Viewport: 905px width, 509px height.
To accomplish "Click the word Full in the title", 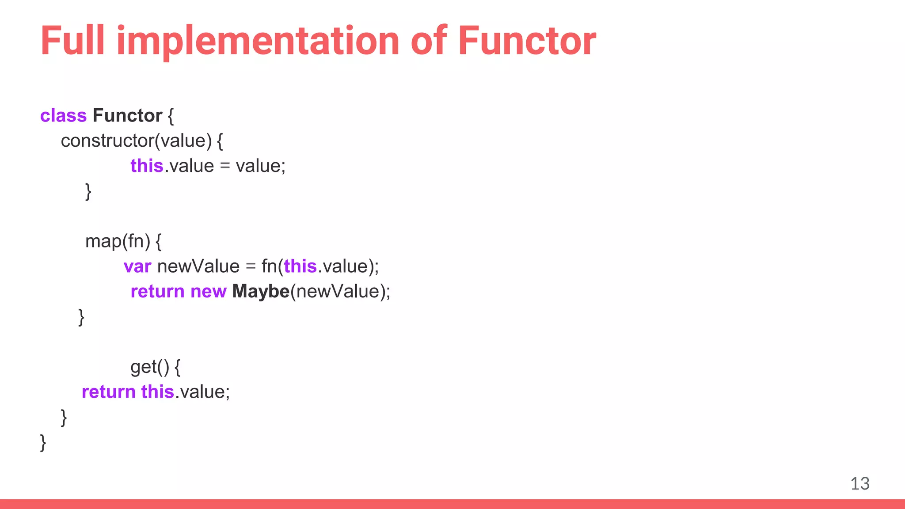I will click(x=73, y=41).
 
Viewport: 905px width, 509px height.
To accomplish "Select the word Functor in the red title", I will click(x=527, y=41).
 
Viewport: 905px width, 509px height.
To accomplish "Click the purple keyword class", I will click(x=63, y=116).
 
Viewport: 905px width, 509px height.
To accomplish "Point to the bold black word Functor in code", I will click(x=127, y=116).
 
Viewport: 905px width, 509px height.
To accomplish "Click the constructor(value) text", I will click(x=136, y=141).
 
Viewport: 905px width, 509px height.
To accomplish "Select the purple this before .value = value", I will click(x=147, y=166).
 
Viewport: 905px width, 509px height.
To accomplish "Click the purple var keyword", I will click(x=137, y=266).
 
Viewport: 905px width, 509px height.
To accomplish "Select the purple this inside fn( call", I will click(x=300, y=266).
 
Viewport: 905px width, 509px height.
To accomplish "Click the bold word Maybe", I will click(x=260, y=292).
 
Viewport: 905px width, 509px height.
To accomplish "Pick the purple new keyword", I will click(x=208, y=292).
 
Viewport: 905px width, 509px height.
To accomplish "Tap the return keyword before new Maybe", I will click(x=157, y=292).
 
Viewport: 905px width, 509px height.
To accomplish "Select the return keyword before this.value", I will click(x=108, y=392).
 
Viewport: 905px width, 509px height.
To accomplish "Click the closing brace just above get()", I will click(x=81, y=317).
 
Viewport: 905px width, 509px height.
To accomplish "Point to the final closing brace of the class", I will click(x=43, y=442).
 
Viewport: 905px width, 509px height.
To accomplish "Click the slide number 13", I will click(x=859, y=484).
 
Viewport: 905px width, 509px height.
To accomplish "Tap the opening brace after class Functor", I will click(x=171, y=116).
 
